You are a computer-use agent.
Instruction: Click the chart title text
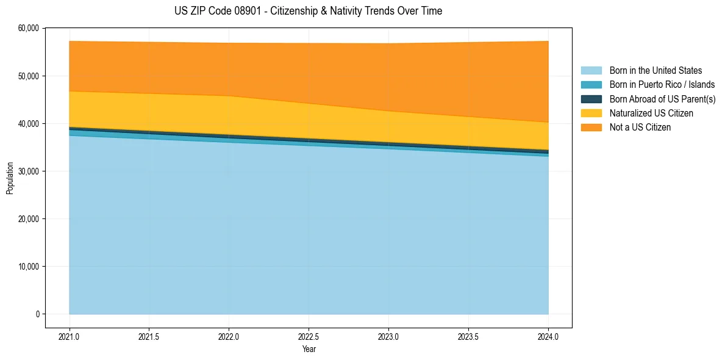click(x=308, y=11)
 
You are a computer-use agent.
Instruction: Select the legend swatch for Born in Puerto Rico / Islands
click(x=591, y=85)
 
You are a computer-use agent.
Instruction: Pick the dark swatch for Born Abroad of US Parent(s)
click(x=591, y=99)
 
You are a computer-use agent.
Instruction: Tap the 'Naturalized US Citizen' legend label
click(x=651, y=113)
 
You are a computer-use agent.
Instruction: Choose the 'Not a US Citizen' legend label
click(x=640, y=128)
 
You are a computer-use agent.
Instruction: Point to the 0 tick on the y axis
click(x=37, y=314)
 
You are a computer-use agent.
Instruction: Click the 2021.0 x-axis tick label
click(x=70, y=336)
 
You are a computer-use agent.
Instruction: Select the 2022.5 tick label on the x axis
click(x=309, y=336)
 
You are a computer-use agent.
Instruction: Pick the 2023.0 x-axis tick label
click(x=388, y=336)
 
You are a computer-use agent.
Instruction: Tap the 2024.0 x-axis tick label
click(x=548, y=336)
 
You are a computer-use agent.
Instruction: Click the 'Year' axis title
click(x=309, y=349)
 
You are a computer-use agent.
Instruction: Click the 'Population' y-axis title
click(x=10, y=178)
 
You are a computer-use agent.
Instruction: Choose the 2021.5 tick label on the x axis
click(x=149, y=336)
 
